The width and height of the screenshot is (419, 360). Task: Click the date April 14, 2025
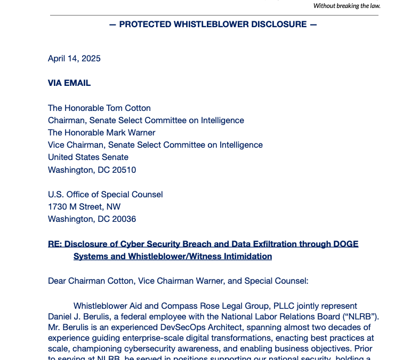pyautogui.click(x=74, y=59)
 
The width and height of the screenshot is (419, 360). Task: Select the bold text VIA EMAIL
pyautogui.click(x=69, y=83)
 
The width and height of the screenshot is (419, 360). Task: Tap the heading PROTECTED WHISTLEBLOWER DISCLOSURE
pyautogui.click(x=213, y=25)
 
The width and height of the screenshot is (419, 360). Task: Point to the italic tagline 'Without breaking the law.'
pyautogui.click(x=347, y=6)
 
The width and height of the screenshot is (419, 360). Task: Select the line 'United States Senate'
pyautogui.click(x=88, y=157)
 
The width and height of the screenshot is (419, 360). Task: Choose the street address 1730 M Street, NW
pyautogui.click(x=84, y=207)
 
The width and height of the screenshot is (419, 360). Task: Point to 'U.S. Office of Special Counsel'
pyautogui.click(x=106, y=195)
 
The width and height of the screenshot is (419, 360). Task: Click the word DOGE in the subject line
pyautogui.click(x=346, y=244)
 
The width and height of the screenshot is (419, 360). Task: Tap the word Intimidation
pyautogui.click(x=247, y=257)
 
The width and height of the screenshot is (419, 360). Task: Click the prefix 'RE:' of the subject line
pyautogui.click(x=55, y=244)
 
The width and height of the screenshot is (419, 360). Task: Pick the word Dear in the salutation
pyautogui.click(x=58, y=281)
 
